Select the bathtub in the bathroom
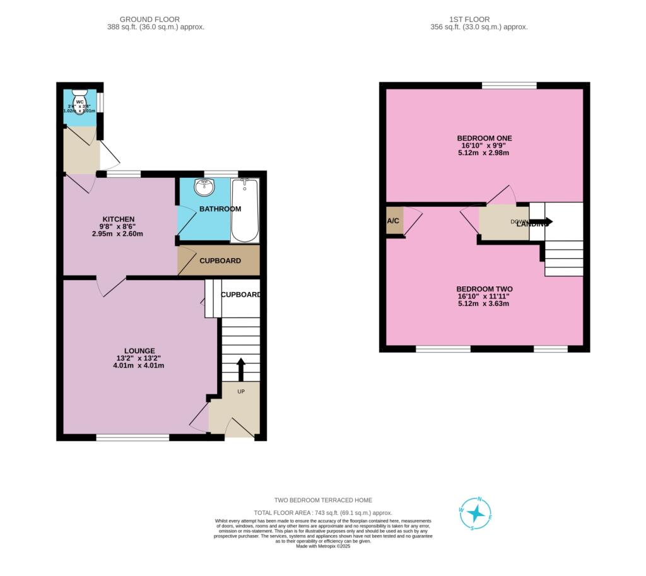click(244, 211)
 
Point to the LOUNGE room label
click(139, 351)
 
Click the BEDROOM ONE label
click(484, 138)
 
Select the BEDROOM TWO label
click(484, 289)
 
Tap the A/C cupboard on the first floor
click(394, 221)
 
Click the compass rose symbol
click(476, 513)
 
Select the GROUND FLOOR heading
click(150, 20)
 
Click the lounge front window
click(132, 437)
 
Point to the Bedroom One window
click(509, 85)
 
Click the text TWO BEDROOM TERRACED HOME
click(323, 500)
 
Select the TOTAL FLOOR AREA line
click(323, 513)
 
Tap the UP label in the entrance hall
click(240, 391)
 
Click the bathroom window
click(221, 173)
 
